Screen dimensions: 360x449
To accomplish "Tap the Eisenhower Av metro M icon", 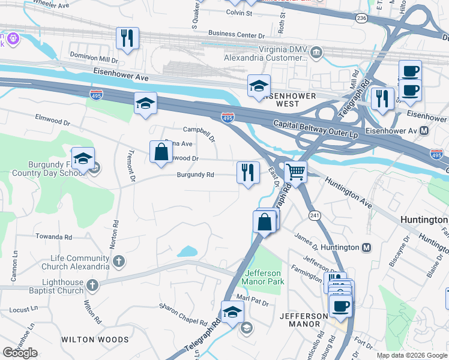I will tap(424, 130).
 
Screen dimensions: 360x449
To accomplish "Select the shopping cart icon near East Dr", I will tap(295, 173).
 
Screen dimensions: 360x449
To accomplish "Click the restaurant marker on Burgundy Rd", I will tap(248, 173).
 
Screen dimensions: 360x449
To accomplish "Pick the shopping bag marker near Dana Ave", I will tap(161, 152).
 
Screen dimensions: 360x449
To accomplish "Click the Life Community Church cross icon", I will tap(119, 261).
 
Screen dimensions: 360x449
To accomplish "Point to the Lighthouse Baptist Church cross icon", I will tap(92, 284).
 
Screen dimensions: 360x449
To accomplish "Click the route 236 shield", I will tap(361, 19).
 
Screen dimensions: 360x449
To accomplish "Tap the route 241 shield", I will tap(314, 215).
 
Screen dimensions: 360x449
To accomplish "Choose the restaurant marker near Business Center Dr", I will tap(127, 38).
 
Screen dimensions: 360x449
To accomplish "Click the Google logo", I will tap(20, 353).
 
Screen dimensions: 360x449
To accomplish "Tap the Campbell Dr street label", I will tap(199, 129).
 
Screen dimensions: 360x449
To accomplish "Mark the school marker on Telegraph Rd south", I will tap(233, 312).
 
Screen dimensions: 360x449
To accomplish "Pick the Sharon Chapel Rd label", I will tap(182, 313).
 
